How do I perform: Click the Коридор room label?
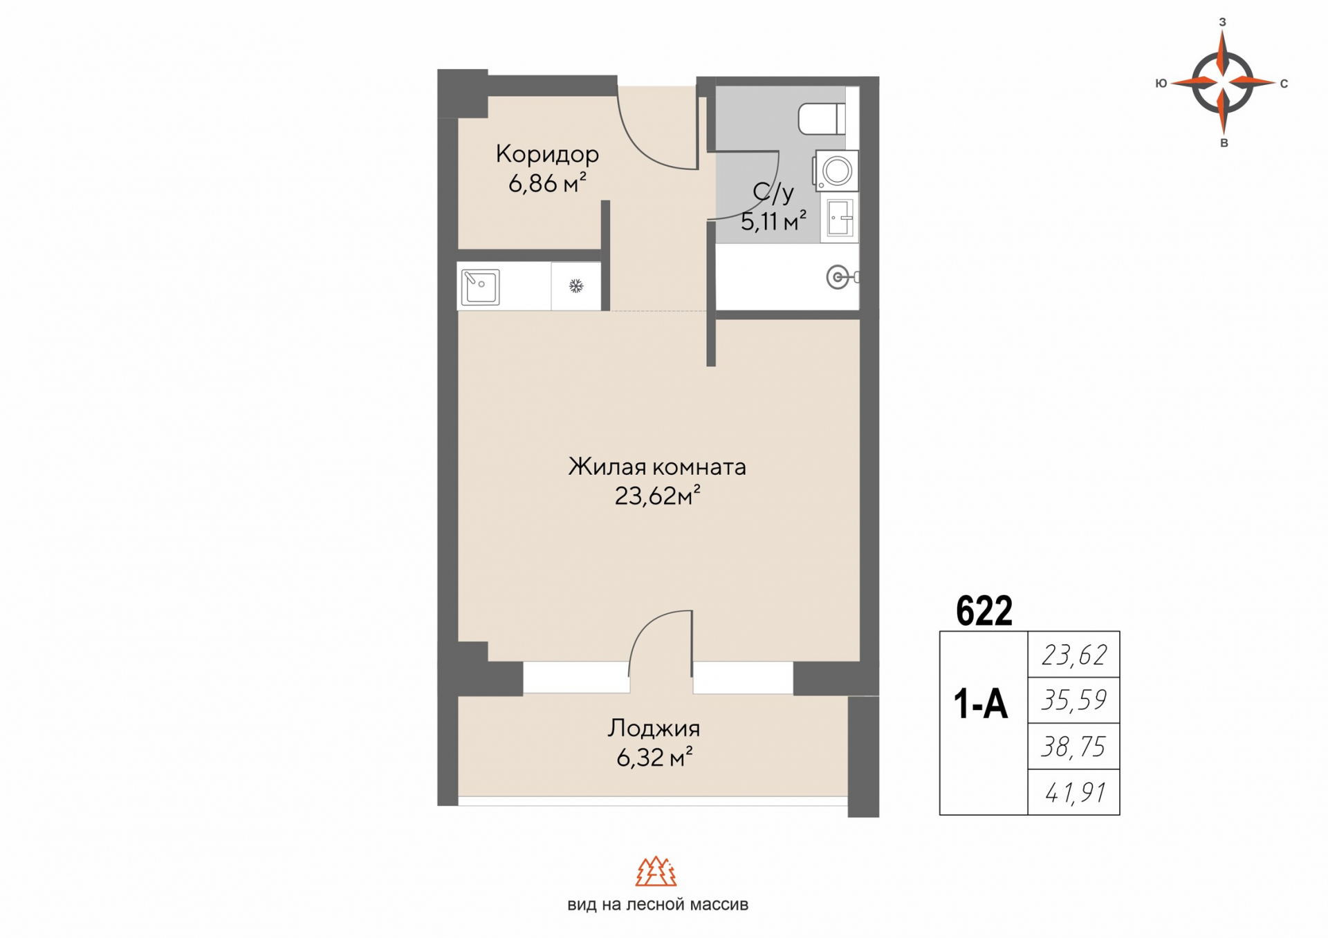[547, 154]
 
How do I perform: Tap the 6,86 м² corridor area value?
[547, 183]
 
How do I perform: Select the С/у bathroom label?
[773, 192]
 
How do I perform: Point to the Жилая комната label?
[657, 467]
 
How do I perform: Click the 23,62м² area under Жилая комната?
[657, 496]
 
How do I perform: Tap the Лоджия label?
[654, 729]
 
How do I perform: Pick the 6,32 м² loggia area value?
[654, 758]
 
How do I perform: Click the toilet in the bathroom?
[822, 119]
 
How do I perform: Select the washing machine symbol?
[836, 171]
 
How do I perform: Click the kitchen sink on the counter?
[480, 286]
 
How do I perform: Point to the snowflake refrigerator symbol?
[576, 286]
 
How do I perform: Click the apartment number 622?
[984, 611]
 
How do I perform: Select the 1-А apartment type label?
[981, 704]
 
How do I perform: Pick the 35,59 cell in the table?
[1073, 700]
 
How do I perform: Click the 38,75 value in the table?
[1073, 747]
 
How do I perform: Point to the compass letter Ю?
[1161, 84]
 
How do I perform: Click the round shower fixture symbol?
[838, 278]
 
